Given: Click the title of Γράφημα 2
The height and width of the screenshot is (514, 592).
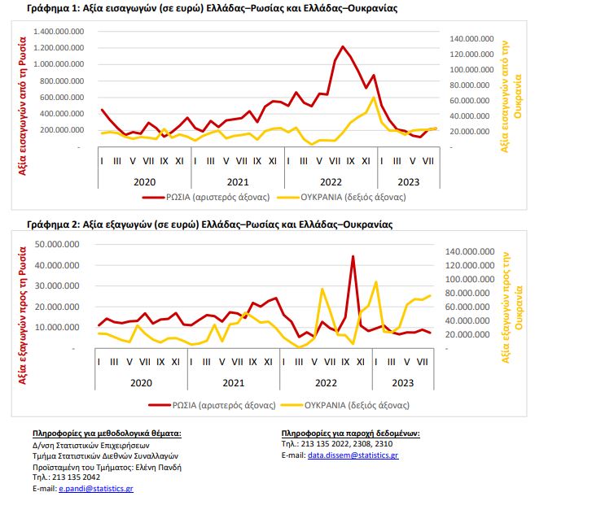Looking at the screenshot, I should (x=209, y=224).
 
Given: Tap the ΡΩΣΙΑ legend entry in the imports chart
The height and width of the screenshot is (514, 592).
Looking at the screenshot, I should (x=188, y=196).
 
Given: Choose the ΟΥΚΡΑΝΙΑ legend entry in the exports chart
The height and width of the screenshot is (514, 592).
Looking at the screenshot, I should (x=347, y=404).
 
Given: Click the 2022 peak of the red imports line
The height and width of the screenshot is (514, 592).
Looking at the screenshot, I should (x=343, y=47).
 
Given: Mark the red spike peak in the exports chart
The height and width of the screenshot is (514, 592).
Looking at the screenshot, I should (x=353, y=257).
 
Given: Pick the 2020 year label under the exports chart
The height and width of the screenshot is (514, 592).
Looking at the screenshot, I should (x=143, y=381).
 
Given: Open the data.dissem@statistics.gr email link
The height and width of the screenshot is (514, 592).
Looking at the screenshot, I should (x=353, y=455).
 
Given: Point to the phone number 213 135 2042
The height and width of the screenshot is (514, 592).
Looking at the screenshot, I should (x=76, y=477).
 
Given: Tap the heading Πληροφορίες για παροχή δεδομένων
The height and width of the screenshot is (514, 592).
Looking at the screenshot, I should (x=350, y=433).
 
